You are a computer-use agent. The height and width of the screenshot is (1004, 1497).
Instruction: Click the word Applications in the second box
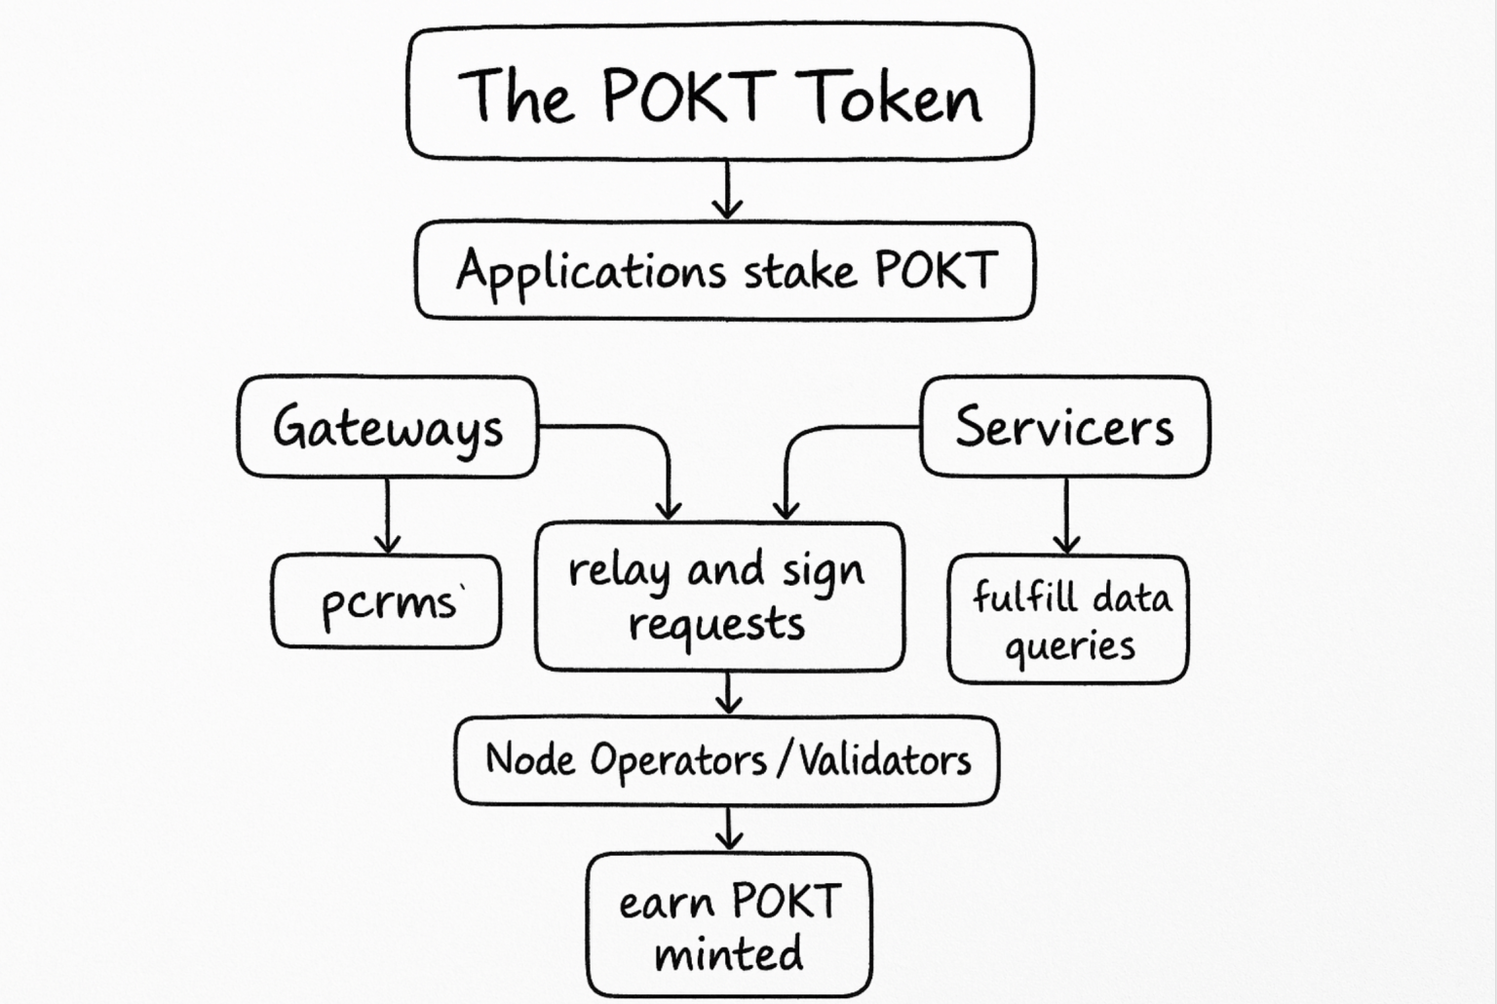[x=591, y=271]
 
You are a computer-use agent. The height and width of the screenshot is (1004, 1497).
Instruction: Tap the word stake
[x=799, y=271]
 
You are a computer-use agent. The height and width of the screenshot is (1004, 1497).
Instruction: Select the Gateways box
[x=388, y=427]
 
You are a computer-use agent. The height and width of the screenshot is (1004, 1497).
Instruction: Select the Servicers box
[x=1064, y=427]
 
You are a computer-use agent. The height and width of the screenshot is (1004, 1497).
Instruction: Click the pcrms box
[x=387, y=601]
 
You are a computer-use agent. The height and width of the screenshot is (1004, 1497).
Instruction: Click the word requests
[x=717, y=624]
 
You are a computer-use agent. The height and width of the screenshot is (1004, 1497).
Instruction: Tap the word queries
[x=1069, y=646]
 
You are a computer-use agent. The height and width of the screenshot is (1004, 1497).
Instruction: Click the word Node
[x=529, y=759]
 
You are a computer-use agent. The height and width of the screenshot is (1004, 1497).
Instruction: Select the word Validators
[x=885, y=759]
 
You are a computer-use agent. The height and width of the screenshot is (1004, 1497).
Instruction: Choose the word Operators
[x=678, y=761]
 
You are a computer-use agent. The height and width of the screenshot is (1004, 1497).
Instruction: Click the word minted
[x=728, y=953]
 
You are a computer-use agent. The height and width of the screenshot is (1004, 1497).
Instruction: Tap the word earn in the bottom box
[x=666, y=904]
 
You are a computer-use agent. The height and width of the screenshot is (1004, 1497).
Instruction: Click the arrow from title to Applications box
[x=727, y=190]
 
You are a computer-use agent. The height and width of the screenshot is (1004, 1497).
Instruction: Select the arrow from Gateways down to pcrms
[x=388, y=516]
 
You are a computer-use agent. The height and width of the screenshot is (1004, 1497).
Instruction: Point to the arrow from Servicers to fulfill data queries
[x=1066, y=516]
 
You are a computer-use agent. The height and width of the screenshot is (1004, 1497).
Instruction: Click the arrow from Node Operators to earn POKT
[x=728, y=829]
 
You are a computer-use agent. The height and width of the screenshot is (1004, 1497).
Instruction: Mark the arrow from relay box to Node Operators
[x=728, y=693]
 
